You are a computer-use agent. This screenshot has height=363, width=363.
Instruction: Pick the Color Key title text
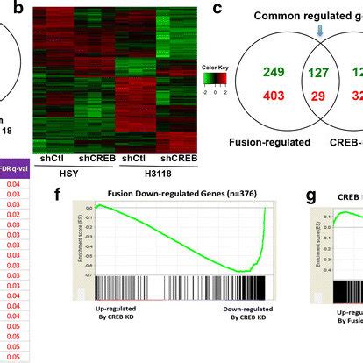210,68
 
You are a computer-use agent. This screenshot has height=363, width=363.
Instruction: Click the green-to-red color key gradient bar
211,80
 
